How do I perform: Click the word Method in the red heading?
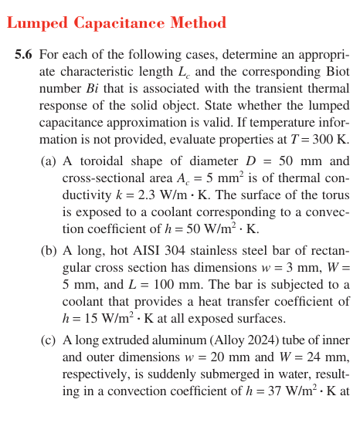199,24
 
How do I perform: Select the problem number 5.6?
23,56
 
